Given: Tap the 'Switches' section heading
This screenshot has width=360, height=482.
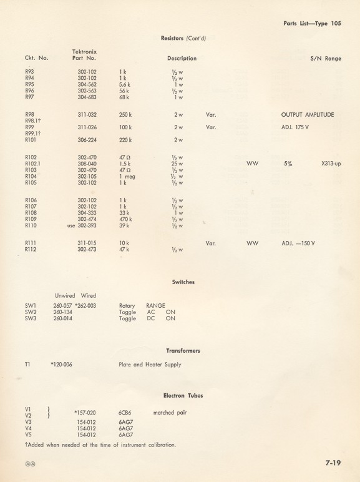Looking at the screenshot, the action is (x=183, y=282).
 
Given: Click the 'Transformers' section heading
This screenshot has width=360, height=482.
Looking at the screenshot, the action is (x=183, y=351).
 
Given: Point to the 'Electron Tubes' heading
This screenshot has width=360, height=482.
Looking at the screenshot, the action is (x=183, y=395).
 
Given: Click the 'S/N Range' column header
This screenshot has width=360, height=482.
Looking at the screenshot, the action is (x=325, y=58).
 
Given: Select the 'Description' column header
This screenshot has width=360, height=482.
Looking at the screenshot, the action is (x=182, y=58).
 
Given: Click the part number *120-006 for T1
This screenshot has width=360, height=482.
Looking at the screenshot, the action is (x=62, y=365).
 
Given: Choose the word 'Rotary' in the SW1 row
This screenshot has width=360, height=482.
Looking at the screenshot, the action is (x=127, y=306).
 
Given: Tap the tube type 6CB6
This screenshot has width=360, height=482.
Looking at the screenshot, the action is (x=124, y=413).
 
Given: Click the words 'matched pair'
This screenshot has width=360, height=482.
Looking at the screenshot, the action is (x=170, y=413).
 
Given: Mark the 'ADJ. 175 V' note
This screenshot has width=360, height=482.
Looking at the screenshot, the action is (x=296, y=127).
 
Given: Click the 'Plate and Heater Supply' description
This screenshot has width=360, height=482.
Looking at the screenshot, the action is (x=152, y=365).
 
